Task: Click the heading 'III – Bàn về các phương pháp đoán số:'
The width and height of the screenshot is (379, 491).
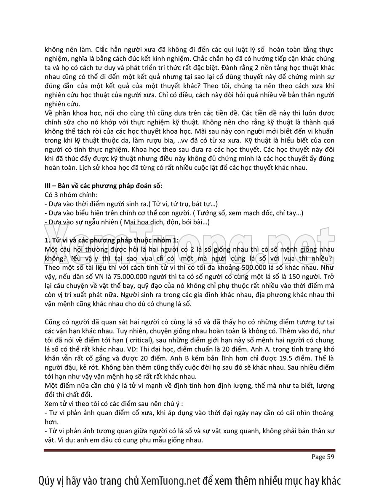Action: (x=103, y=186)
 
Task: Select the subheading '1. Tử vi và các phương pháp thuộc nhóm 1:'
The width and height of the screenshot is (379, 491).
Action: (x=111, y=240)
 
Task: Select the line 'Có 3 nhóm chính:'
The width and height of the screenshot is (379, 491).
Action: (x=70, y=195)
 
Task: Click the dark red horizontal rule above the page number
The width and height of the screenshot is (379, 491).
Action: (x=189, y=450)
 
